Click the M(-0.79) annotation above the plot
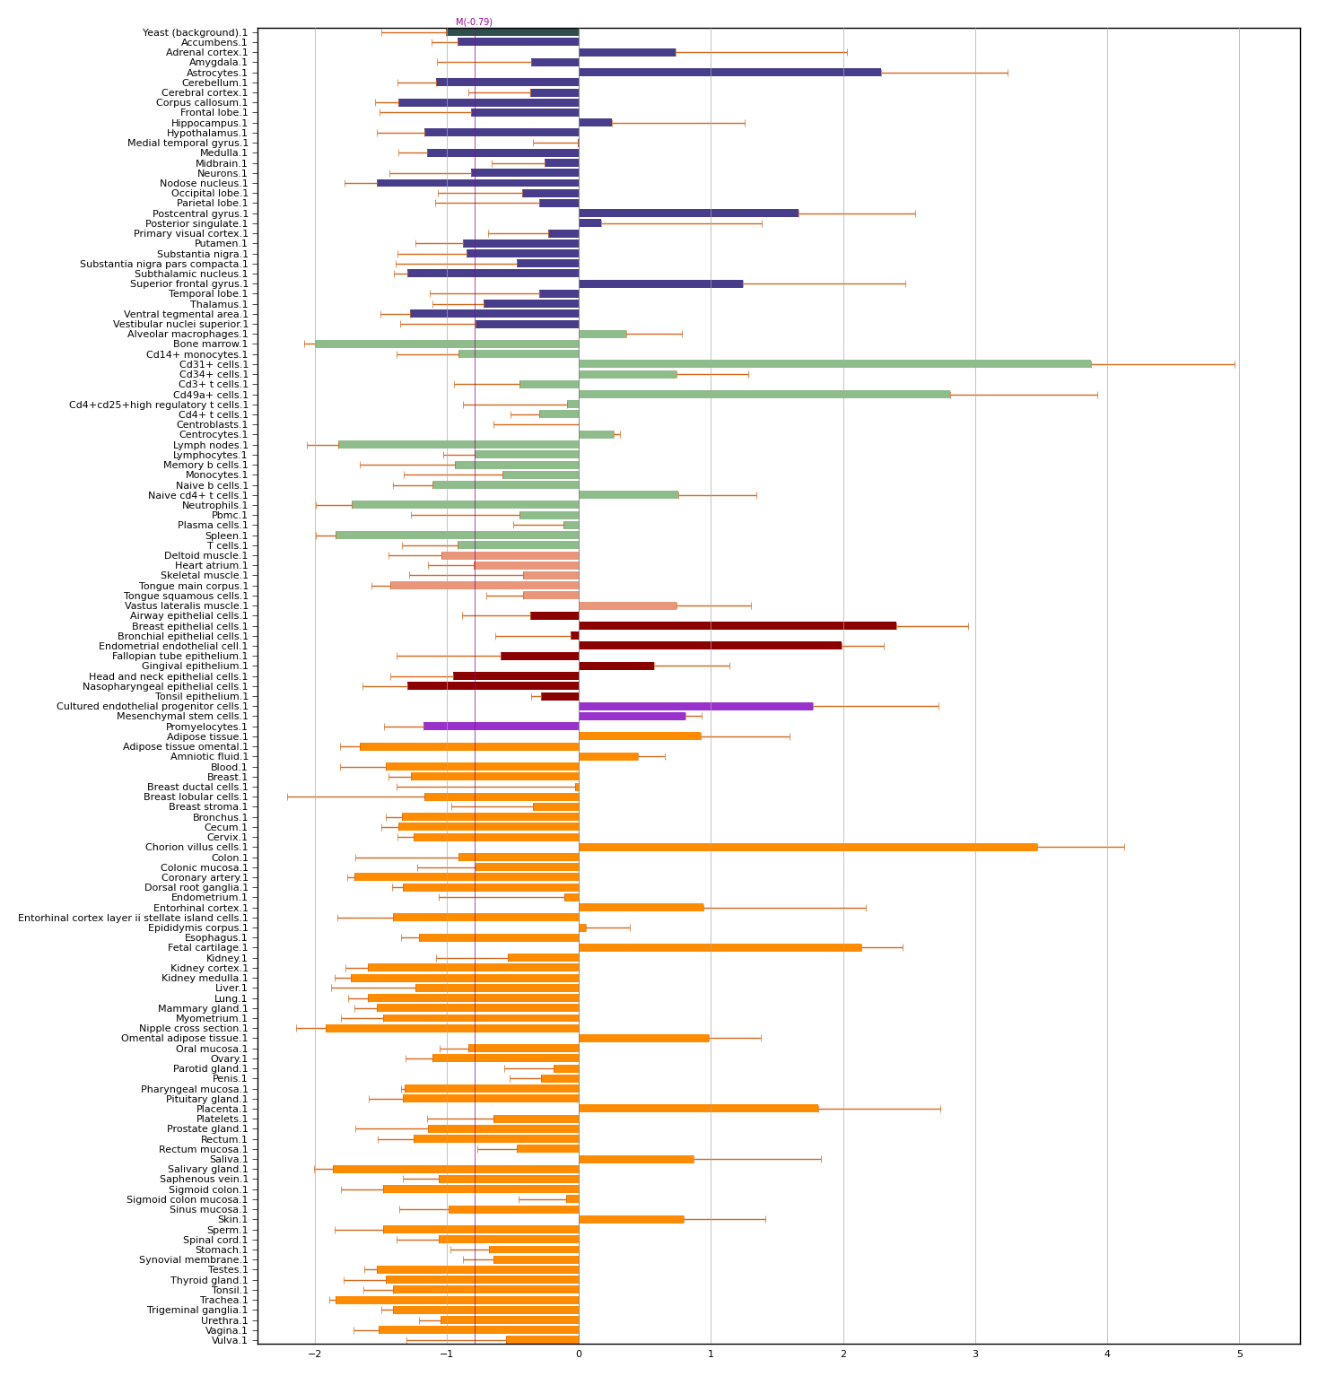click(474, 22)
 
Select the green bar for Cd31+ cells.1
click(834, 364)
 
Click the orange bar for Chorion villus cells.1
click(807, 847)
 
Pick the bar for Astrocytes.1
click(729, 73)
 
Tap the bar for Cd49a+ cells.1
click(764, 395)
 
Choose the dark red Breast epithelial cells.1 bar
click(737, 626)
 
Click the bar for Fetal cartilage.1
click(720, 947)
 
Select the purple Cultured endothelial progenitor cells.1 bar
click(695, 706)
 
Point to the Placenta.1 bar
click(698, 1109)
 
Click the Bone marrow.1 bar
click(447, 344)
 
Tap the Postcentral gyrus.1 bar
click(688, 213)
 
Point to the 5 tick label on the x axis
click(1240, 1354)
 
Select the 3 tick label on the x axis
click(975, 1354)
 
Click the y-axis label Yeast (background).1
click(195, 32)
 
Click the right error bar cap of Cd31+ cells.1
click(1235, 364)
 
